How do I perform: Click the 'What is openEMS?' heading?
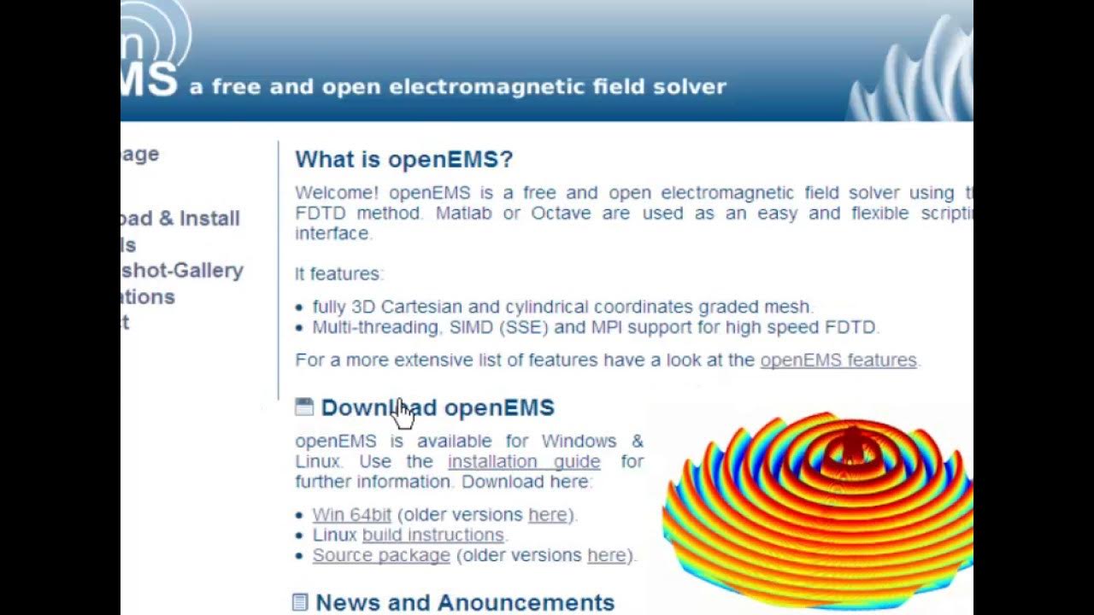pyautogui.click(x=403, y=160)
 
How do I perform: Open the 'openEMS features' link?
pyautogui.click(x=838, y=360)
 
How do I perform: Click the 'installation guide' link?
pyautogui.click(x=523, y=461)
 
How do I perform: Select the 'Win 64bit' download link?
pyautogui.click(x=351, y=515)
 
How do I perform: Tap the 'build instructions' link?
pyautogui.click(x=432, y=535)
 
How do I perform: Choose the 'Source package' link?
pyautogui.click(x=380, y=555)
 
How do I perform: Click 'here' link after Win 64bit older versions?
pyautogui.click(x=547, y=515)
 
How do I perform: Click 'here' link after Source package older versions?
pyautogui.click(x=606, y=555)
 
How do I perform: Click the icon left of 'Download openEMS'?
pyautogui.click(x=304, y=407)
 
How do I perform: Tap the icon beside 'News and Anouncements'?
pyautogui.click(x=300, y=602)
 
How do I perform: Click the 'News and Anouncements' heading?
pyautogui.click(x=465, y=602)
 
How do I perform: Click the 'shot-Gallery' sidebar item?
pyautogui.click(x=182, y=271)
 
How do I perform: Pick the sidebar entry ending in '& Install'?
pyautogui.click(x=180, y=219)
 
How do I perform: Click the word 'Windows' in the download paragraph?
pyautogui.click(x=579, y=442)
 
